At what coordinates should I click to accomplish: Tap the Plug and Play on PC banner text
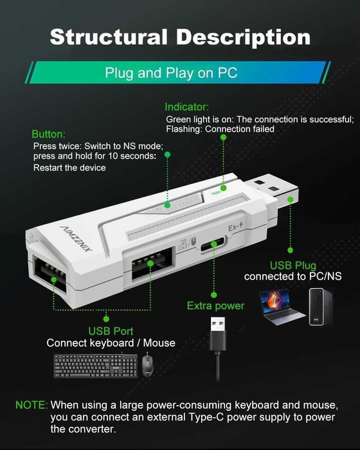click(x=171, y=73)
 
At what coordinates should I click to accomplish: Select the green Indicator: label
click(x=186, y=107)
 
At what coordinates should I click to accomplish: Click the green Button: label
click(x=49, y=134)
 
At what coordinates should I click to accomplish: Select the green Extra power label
click(x=215, y=305)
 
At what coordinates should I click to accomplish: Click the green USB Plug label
click(x=294, y=265)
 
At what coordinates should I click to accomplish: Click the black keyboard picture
click(x=95, y=366)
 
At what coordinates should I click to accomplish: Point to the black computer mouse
click(x=148, y=365)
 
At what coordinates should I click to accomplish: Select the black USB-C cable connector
click(x=218, y=332)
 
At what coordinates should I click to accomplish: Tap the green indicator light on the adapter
click(x=215, y=190)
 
